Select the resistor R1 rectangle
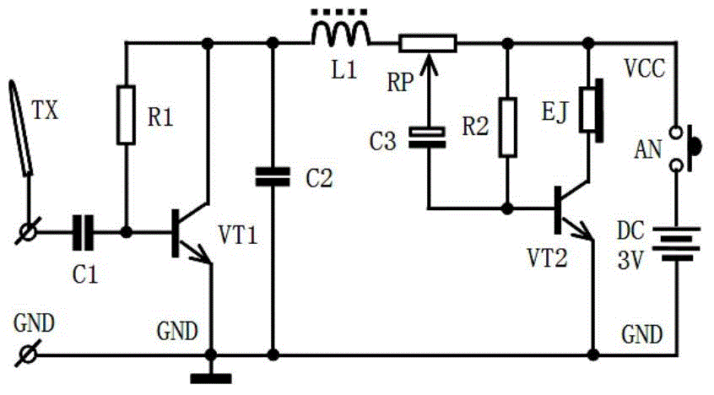click(x=126, y=115)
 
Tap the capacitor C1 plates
click(x=83, y=232)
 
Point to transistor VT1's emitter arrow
click(x=200, y=255)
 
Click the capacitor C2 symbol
click(x=273, y=176)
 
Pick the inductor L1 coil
click(x=341, y=35)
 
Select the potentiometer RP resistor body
click(x=428, y=44)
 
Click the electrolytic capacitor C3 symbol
click(x=427, y=137)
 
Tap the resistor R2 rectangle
click(x=507, y=127)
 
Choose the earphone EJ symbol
click(x=592, y=111)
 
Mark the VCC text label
click(x=644, y=69)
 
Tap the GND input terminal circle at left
click(x=28, y=354)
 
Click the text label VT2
click(x=547, y=258)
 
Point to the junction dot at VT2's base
click(x=507, y=208)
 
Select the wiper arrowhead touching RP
click(x=428, y=62)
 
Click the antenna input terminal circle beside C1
click(x=28, y=232)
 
